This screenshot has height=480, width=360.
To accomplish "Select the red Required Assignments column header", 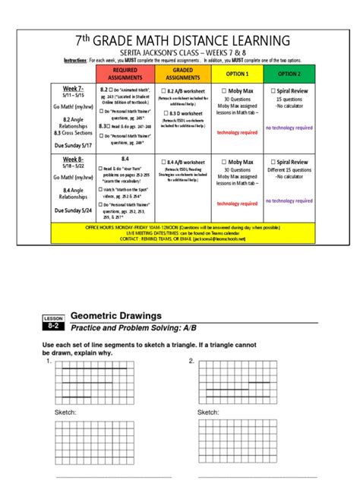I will [x=125, y=74].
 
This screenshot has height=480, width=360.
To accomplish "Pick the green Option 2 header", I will [x=289, y=74].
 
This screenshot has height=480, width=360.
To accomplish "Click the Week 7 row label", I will [x=74, y=89].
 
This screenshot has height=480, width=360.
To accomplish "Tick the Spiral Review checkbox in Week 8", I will [x=273, y=161].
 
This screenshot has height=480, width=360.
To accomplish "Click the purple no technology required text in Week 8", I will [x=289, y=201].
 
